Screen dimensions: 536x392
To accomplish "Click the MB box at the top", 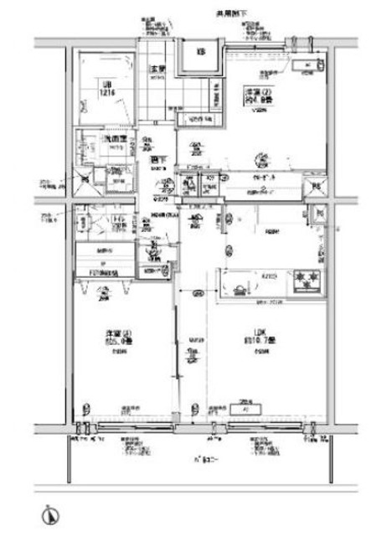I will coord(201,52).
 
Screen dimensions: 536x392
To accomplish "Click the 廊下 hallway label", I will coord(155,159).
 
